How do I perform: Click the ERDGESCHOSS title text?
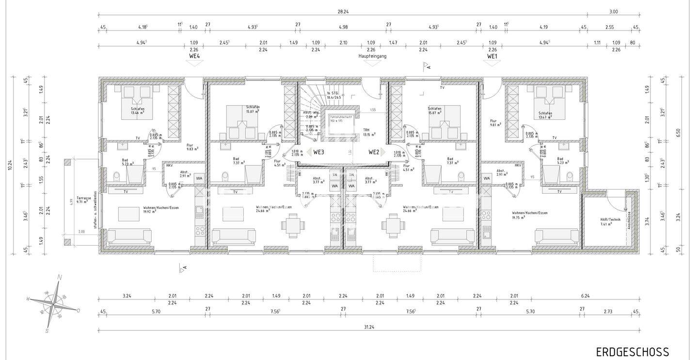pos(632,352)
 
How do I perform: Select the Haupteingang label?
pos(372,56)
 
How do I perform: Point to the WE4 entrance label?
pos(194,56)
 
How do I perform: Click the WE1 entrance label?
pos(493,56)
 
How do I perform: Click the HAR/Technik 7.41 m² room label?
pos(610,221)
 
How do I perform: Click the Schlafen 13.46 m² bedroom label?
pos(137,111)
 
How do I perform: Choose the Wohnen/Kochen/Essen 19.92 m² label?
pos(154,210)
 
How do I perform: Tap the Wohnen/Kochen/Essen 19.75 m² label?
pos(529,215)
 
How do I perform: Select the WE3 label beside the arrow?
pos(318,152)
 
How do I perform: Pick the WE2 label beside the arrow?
pos(374,152)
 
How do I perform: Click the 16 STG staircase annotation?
pos(333,95)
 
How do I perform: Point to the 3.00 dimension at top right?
pos(613,12)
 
